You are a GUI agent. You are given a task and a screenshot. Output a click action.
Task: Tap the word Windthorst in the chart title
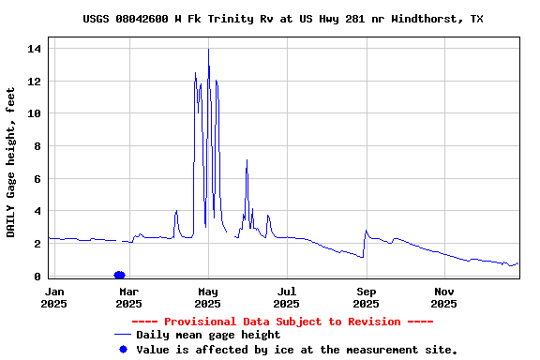click(415, 19)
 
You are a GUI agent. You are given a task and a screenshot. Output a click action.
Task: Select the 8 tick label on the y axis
click(37, 146)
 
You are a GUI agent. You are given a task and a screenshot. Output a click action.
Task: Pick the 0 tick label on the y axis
click(37, 277)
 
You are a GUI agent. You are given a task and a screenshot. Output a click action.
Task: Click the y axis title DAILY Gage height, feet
click(11, 162)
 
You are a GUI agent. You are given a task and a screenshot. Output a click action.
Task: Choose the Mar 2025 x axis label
click(128, 297)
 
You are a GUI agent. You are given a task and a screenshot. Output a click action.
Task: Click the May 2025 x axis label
click(208, 297)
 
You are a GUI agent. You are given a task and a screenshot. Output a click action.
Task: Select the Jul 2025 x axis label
click(287, 297)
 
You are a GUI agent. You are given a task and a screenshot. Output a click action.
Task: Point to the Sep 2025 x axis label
click(367, 297)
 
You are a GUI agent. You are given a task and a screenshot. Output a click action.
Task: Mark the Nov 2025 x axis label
click(444, 297)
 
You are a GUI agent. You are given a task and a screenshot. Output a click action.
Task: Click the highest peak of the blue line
click(208, 49)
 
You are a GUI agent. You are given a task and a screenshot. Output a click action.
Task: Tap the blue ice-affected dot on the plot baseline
click(119, 275)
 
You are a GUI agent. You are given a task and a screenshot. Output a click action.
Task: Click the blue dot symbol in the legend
click(122, 350)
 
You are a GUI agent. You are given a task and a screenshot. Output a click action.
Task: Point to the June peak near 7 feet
click(247, 160)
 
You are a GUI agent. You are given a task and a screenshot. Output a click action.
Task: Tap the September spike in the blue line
click(366, 231)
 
